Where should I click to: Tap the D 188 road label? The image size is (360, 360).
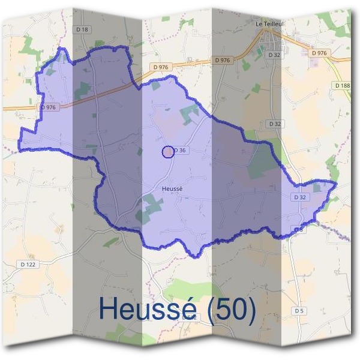(343, 86)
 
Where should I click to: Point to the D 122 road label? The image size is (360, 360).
(28, 264)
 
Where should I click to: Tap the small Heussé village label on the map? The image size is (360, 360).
(172, 188)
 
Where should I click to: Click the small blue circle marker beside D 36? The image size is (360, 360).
(168, 152)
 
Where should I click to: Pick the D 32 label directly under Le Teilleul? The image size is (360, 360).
(275, 55)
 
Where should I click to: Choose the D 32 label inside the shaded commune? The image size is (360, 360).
(301, 197)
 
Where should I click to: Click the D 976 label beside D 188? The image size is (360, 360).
(319, 53)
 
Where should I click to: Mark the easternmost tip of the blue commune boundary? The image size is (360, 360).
(337, 182)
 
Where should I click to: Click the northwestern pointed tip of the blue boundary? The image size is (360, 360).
(62, 49)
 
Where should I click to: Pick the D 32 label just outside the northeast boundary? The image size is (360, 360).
(275, 124)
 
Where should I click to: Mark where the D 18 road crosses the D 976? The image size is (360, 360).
(96, 96)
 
